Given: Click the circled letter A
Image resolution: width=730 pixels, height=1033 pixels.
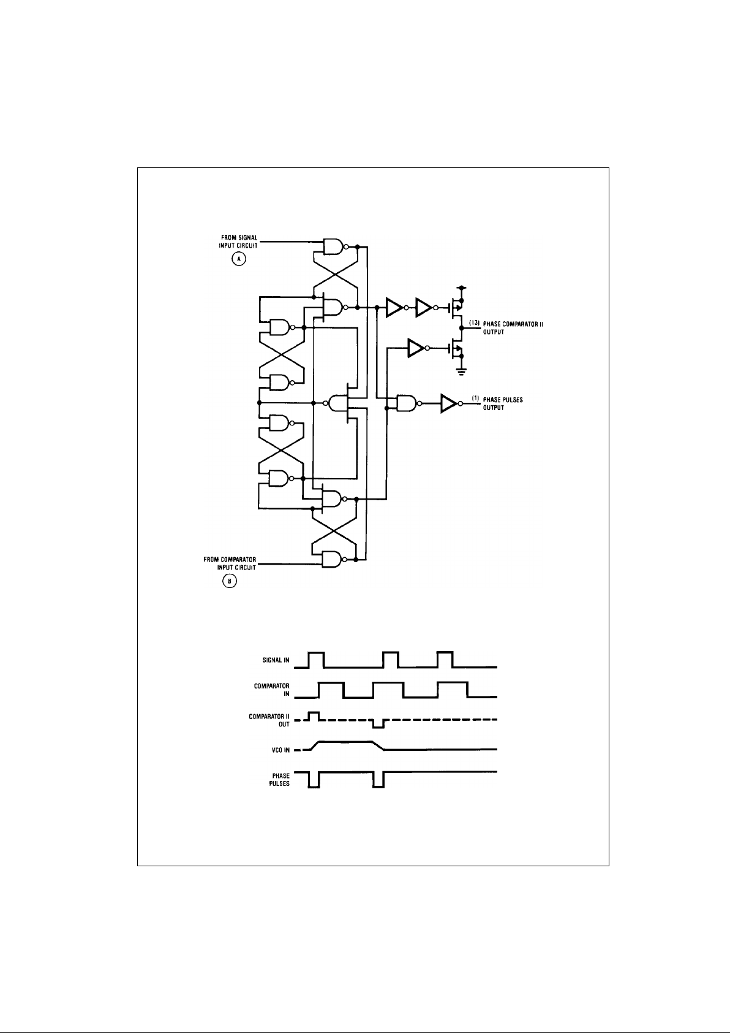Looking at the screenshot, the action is click(x=238, y=259).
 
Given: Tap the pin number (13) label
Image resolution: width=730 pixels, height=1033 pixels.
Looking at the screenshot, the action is click(x=473, y=322).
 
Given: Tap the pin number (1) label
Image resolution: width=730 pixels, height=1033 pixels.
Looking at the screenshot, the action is click(x=475, y=399).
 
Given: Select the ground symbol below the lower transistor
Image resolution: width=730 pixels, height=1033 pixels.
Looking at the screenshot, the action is click(x=461, y=369).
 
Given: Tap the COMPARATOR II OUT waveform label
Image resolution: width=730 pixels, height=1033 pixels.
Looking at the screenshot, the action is click(x=269, y=720).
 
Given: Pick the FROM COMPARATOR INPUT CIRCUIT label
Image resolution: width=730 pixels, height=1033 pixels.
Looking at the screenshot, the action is click(x=230, y=563).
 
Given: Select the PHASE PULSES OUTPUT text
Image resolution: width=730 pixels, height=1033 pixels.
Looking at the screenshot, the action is click(x=503, y=403).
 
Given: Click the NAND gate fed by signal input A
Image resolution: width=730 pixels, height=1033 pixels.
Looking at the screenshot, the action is click(x=333, y=246).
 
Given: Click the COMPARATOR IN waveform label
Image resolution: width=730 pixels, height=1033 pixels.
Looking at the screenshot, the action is click(x=272, y=690).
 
